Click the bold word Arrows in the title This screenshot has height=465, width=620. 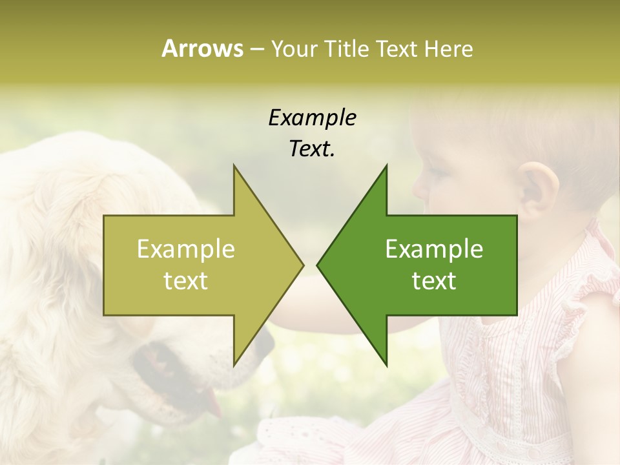click(202, 48)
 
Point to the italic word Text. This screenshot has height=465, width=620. click(312, 149)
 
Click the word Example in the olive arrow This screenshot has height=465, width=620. click(186, 249)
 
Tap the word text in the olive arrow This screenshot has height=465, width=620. click(186, 281)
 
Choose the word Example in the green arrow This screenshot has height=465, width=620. click(434, 249)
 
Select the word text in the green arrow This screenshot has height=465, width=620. click(434, 281)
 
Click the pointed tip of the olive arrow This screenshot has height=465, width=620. click(303, 265)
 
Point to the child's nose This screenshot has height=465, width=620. click(419, 187)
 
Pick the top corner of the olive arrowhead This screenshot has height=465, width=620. click(234, 165)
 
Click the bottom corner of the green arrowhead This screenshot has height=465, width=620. click(386, 365)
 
